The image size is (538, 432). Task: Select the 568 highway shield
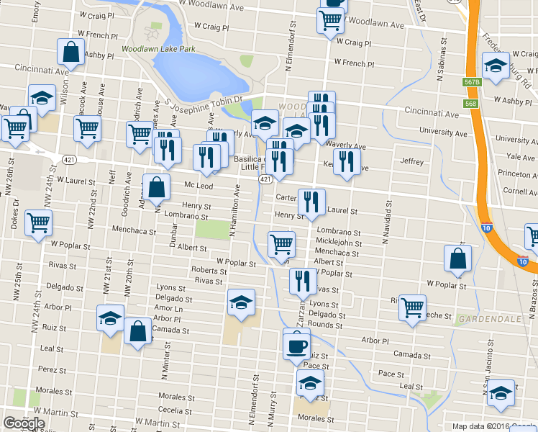(x=470, y=104)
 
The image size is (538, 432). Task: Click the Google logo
(x=24, y=423)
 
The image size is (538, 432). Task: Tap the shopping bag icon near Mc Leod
(x=156, y=188)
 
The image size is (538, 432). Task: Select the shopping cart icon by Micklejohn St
(x=281, y=243)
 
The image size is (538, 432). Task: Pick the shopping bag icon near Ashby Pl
(x=71, y=52)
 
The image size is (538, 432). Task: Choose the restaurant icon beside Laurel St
(x=311, y=202)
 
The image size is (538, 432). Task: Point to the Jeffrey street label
(x=412, y=162)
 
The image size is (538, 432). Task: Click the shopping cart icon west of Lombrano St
(x=38, y=222)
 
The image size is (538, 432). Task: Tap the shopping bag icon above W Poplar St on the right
(x=458, y=259)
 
